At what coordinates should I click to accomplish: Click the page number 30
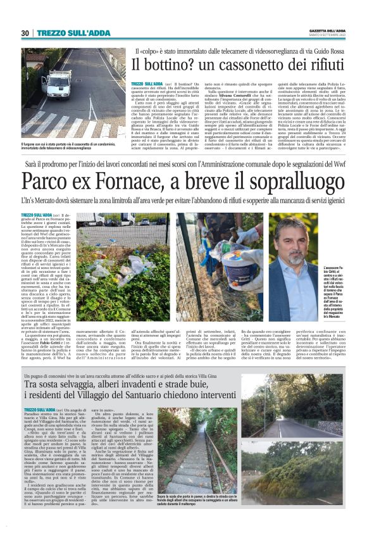25,33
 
